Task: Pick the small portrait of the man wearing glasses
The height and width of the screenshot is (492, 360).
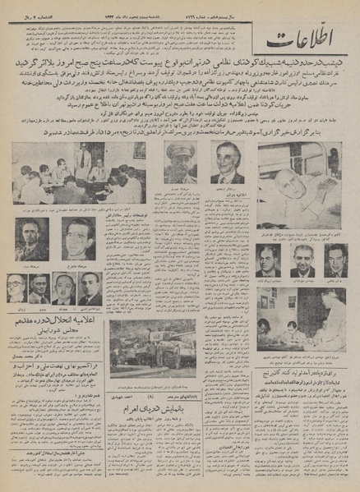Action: (x=16, y=287)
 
